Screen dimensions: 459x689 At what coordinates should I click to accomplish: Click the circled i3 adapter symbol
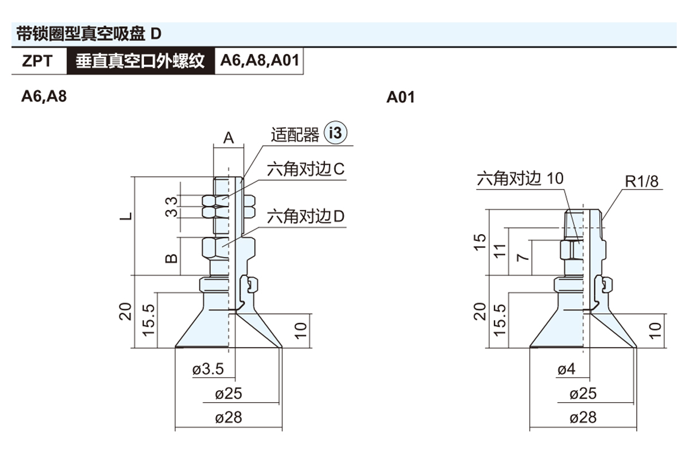click(x=336, y=134)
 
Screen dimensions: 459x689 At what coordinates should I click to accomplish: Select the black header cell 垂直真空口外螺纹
click(x=140, y=61)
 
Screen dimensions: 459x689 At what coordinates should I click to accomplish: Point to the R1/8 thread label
click(x=642, y=182)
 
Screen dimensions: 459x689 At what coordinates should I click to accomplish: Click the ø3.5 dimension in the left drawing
click(x=207, y=369)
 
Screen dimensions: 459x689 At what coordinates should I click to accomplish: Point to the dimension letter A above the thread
click(x=229, y=138)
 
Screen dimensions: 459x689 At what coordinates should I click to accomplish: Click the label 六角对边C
click(x=305, y=170)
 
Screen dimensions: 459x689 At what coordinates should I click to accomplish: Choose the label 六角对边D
click(x=305, y=217)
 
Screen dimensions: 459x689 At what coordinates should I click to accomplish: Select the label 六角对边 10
click(x=520, y=178)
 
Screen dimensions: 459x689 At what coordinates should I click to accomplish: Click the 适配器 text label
click(x=295, y=135)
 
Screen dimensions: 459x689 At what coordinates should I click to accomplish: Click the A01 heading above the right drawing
click(x=400, y=97)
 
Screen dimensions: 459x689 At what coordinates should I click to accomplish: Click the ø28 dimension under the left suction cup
click(x=229, y=417)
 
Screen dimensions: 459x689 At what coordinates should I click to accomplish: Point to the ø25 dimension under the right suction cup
click(x=583, y=394)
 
